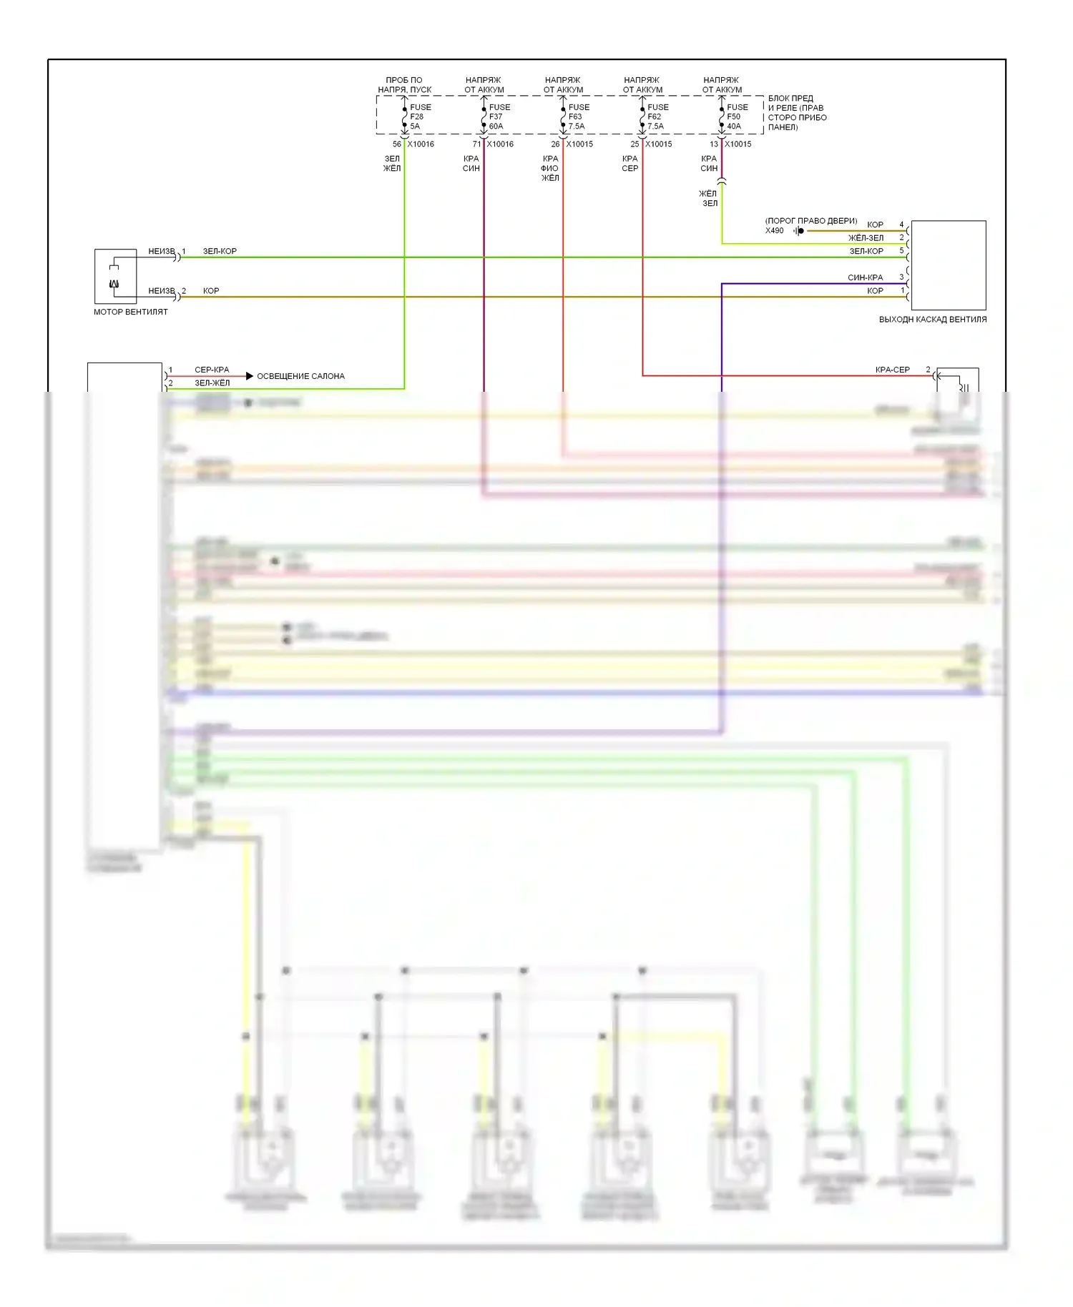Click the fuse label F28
click(416, 117)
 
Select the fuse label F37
click(496, 117)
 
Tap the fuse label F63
click(575, 117)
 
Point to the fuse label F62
click(654, 117)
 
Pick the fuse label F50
click(733, 117)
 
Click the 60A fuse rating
click(496, 127)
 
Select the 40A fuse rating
click(734, 127)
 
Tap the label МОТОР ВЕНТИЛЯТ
click(130, 312)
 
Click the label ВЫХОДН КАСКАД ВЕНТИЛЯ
click(932, 320)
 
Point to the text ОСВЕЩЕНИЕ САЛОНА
click(300, 376)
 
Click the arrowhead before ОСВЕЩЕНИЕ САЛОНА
click(249, 376)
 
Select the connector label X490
click(774, 230)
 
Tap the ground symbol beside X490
click(799, 231)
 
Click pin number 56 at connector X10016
click(396, 144)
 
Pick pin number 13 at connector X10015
click(713, 144)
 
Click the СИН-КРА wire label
click(865, 277)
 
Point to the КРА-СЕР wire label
click(892, 370)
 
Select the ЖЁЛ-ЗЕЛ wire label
click(866, 238)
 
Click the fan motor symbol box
click(115, 276)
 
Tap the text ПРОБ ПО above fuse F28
click(403, 80)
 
